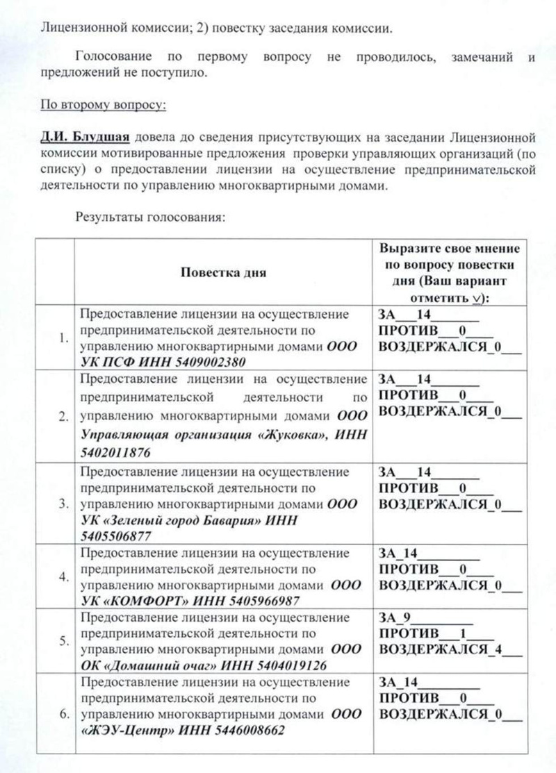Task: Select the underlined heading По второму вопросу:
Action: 102,106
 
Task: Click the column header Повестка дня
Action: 223,272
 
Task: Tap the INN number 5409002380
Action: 208,362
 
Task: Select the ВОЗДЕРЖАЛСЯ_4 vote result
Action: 450,650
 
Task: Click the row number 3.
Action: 63,501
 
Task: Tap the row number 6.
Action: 63,714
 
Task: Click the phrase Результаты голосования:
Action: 150,217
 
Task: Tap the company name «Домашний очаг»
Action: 149,665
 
